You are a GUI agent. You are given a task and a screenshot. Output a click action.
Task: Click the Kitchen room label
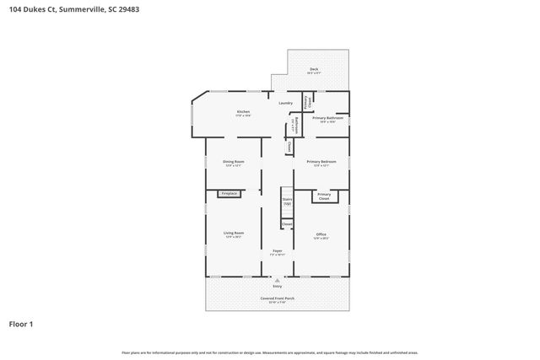point(243,113)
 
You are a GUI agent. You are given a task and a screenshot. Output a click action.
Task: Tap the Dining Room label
point(233,163)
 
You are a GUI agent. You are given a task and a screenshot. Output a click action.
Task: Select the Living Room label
point(233,235)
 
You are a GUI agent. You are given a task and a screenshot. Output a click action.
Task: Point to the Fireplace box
point(228,194)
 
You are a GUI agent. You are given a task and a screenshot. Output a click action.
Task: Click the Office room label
point(321,235)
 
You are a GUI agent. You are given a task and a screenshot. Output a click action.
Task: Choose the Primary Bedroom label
point(321,163)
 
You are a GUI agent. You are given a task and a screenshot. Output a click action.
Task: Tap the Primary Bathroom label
point(325,119)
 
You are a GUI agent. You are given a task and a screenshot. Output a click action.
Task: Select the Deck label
point(313,70)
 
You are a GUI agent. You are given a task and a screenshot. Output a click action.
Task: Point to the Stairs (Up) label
point(287,201)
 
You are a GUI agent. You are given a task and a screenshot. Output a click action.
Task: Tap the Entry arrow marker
point(277,279)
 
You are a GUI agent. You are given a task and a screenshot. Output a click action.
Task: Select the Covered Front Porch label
point(277,299)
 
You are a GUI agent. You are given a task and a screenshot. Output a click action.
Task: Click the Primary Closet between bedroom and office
point(323,196)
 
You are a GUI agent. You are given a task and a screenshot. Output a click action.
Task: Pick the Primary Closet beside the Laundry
point(308,101)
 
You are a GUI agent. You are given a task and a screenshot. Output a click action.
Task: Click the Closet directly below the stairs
point(287,224)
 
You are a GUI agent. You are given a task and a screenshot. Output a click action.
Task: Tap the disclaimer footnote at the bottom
point(270,352)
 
